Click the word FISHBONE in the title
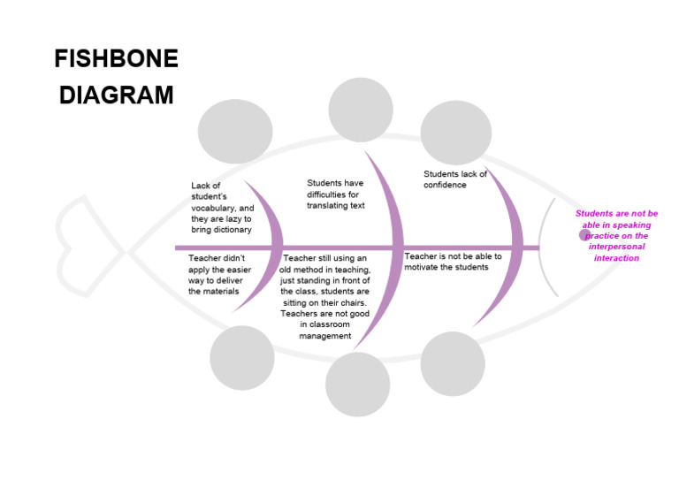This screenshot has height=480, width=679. pos(116,59)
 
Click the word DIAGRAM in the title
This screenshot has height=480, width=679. pos(116,95)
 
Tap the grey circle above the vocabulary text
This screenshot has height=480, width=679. pos(234,132)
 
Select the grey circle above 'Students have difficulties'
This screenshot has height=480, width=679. pos(361,109)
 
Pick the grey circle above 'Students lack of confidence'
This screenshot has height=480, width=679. pos(455,132)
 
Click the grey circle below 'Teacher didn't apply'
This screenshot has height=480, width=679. pos(242,357)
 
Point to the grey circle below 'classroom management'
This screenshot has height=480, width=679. pos(357,385)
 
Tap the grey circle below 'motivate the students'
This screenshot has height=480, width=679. pos(453,363)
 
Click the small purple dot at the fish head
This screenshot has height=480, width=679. pos(584,235)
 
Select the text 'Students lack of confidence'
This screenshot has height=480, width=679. pos(454,179)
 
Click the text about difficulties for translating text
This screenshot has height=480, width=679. pos(335,194)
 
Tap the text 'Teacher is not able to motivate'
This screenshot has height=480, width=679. pos(453,262)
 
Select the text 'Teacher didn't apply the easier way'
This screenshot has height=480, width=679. pos(217,274)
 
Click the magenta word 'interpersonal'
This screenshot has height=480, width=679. pos(616,247)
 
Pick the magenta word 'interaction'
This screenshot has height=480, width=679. pos(616,258)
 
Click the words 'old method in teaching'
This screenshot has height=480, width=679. pos(324,269)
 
